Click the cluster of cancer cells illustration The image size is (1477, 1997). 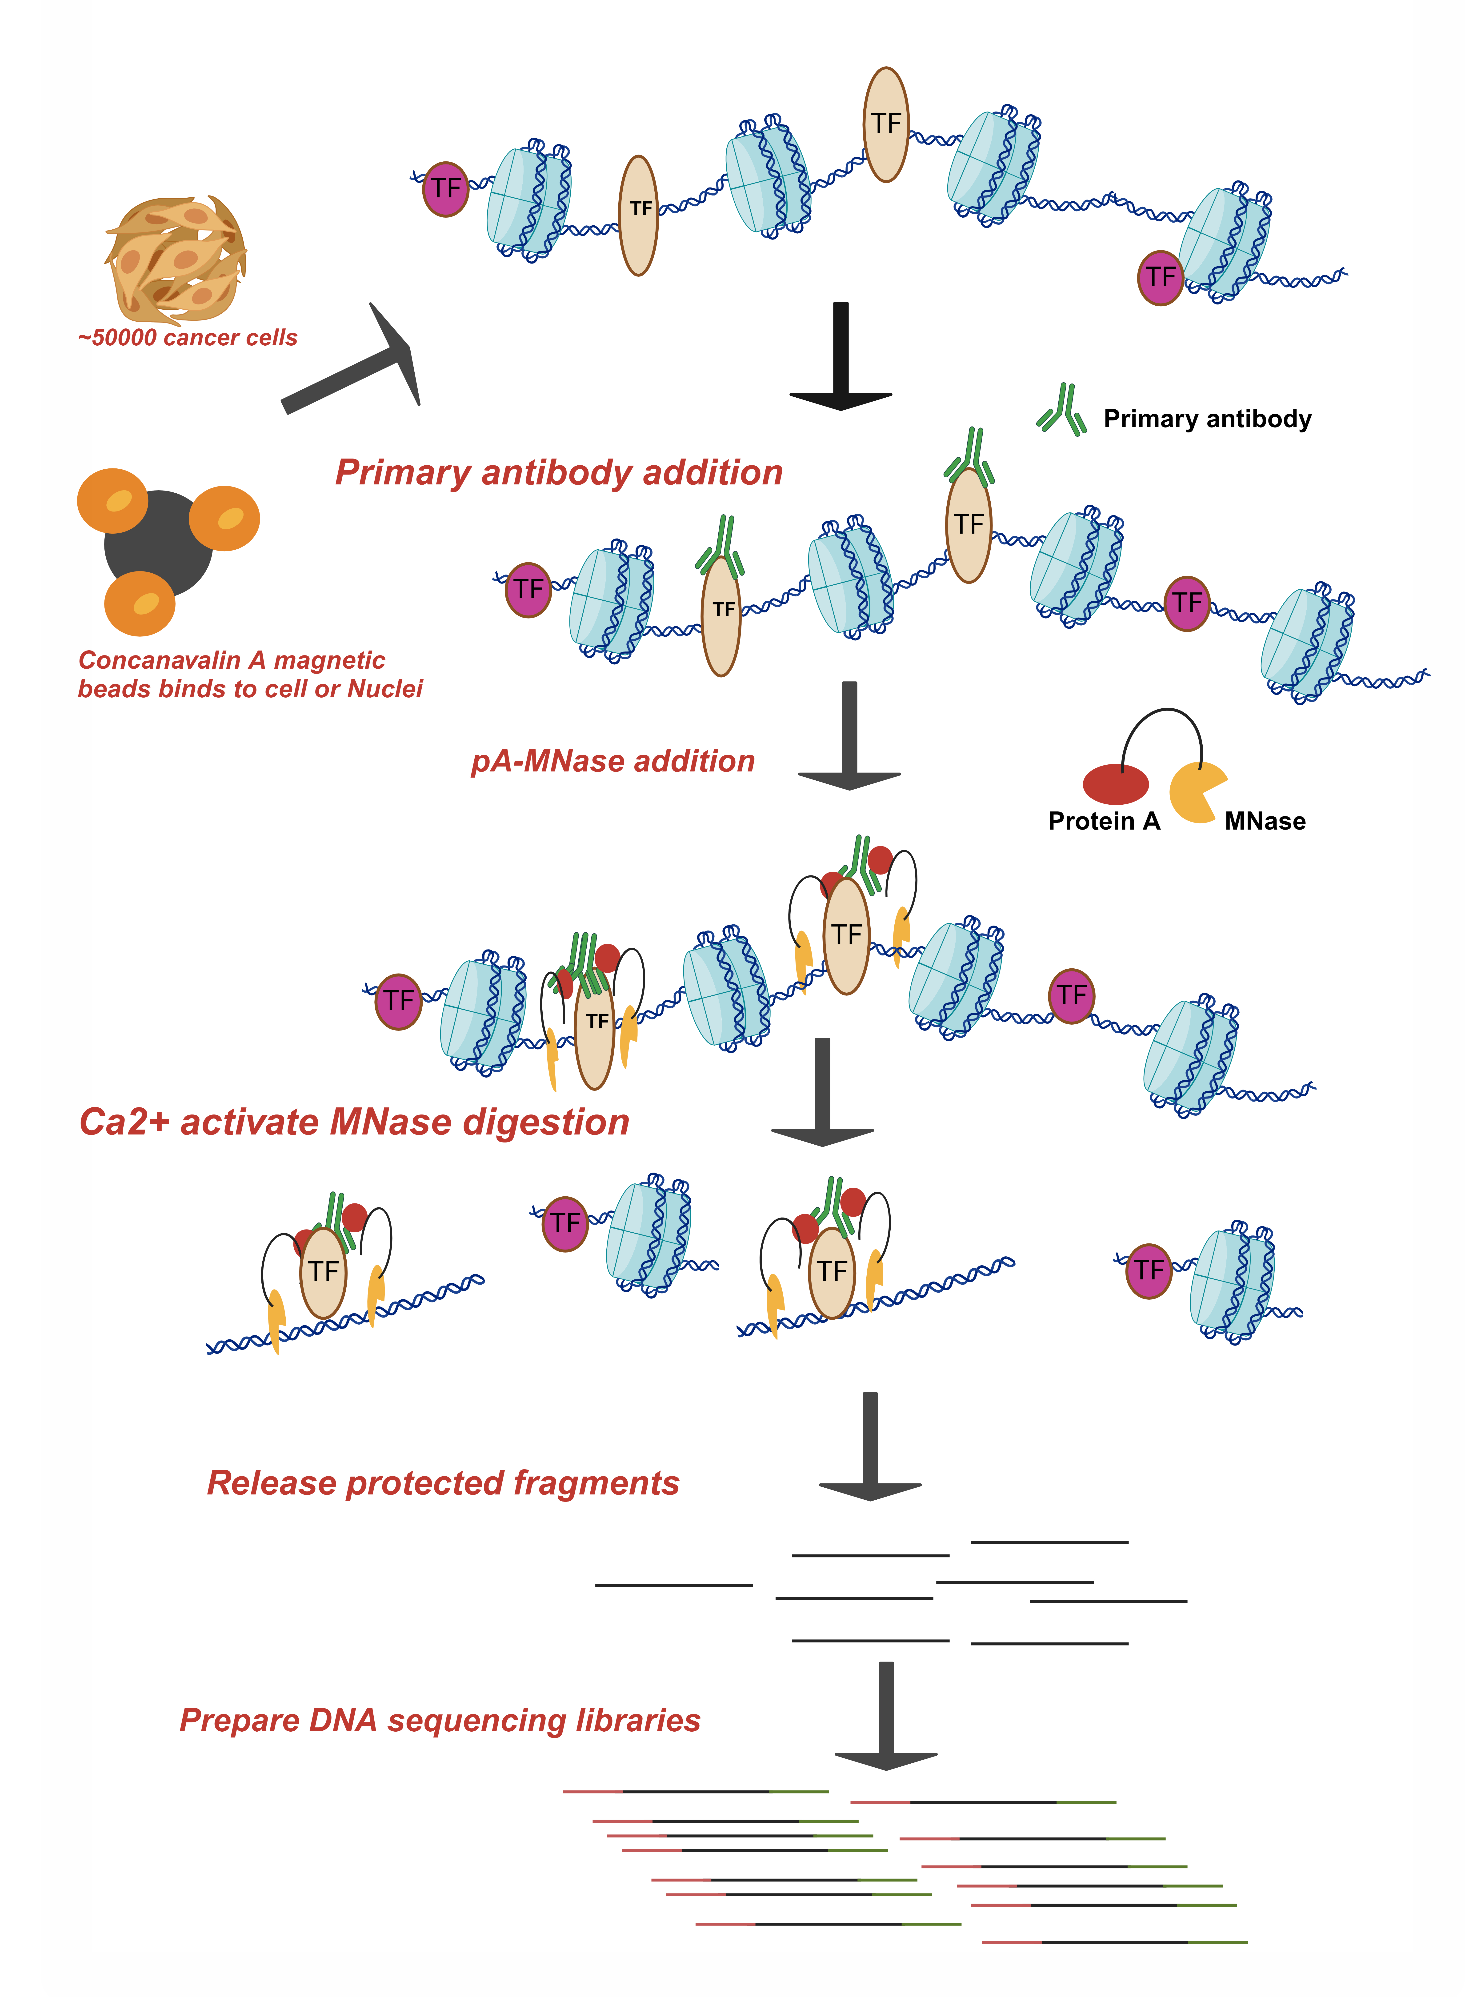[176, 259]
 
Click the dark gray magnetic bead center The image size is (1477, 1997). [158, 543]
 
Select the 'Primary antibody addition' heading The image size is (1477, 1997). [559, 472]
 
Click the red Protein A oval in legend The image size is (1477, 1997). [1115, 784]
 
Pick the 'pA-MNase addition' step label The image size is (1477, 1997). [613, 762]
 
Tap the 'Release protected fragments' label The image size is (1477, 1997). [444, 1483]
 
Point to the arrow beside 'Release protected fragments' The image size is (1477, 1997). [870, 1446]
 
